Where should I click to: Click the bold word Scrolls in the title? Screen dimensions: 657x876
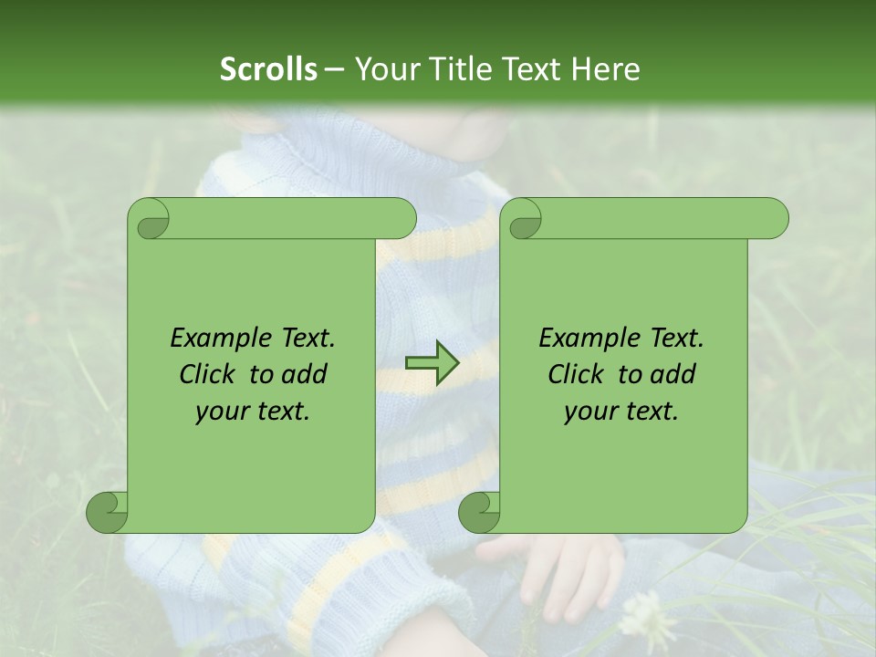269,69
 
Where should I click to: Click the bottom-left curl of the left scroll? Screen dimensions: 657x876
108,512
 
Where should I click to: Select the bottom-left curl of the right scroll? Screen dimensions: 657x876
480,512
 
